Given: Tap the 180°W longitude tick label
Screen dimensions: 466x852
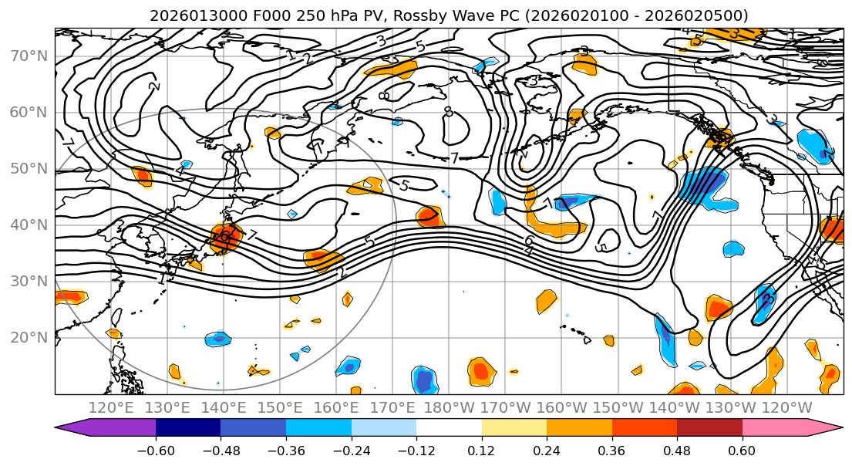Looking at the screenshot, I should (450, 407).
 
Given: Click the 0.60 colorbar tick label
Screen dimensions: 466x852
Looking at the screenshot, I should (742, 449).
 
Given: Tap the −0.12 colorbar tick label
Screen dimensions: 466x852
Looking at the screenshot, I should (416, 449).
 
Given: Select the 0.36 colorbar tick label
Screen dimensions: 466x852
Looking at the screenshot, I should (611, 449).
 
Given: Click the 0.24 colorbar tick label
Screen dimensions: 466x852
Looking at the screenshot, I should (547, 449).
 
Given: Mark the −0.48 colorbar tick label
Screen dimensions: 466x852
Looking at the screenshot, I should (221, 449).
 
